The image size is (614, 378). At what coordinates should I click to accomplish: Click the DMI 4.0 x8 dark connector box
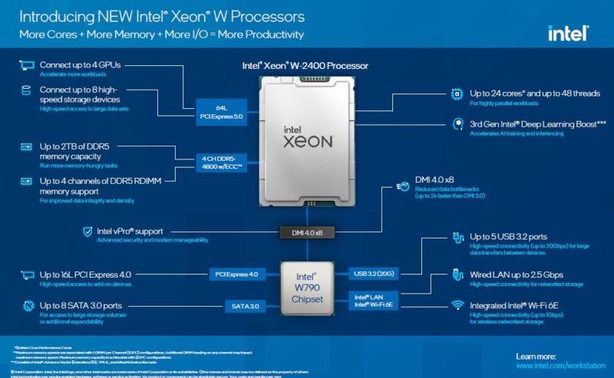tap(307, 231)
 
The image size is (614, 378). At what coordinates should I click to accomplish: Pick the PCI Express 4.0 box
tap(236, 274)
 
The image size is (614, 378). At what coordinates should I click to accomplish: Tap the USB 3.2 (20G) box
tap(373, 274)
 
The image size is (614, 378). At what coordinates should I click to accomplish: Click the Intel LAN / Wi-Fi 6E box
tap(373, 301)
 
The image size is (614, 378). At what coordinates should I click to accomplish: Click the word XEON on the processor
tap(306, 143)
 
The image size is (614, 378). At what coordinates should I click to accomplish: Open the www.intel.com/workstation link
tap(557, 366)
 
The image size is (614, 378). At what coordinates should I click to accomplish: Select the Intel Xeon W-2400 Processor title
tap(306, 66)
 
